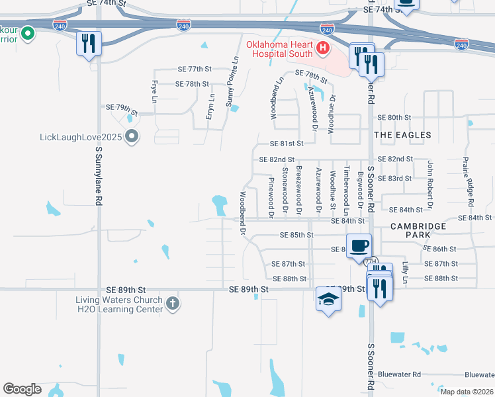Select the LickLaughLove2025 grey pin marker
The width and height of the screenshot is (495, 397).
click(132, 137)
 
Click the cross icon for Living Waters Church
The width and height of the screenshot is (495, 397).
click(172, 303)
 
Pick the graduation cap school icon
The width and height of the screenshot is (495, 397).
click(328, 299)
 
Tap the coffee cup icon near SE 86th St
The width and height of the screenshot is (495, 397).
click(359, 246)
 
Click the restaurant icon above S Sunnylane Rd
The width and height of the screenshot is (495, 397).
click(88, 44)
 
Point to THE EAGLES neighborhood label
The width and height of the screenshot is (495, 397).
click(402, 135)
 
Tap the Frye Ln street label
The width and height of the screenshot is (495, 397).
click(154, 91)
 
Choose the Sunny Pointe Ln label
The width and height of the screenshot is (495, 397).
click(232, 81)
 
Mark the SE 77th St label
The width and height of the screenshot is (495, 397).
click(194, 69)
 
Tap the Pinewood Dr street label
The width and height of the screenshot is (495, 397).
click(271, 197)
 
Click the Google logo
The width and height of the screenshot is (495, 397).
click(22, 388)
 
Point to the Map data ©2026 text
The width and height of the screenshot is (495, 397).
click(467, 392)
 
